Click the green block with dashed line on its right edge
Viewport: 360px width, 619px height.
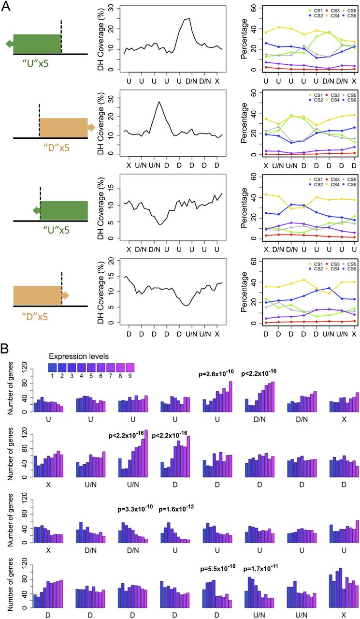[x=37, y=44]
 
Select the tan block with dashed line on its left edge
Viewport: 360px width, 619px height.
[x=63, y=128]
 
